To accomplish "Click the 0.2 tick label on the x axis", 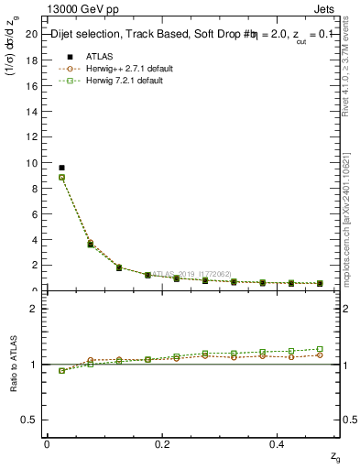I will click(162, 443).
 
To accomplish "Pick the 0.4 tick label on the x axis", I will click(278, 443).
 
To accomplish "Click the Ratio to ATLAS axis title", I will click(13, 364).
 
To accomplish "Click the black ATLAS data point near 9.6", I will click(61, 168).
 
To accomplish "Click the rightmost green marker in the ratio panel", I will click(320, 349).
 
